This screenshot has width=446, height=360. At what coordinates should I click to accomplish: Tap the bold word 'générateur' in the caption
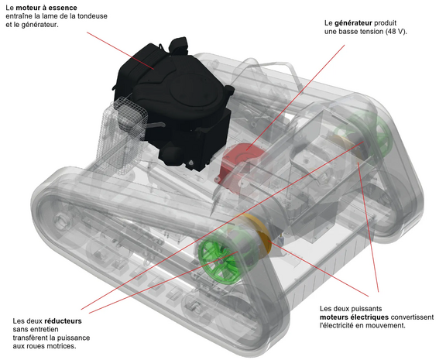[355, 22]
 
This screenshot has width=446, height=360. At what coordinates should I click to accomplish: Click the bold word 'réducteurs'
[63, 320]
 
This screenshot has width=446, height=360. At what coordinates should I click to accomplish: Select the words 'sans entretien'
[38, 329]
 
